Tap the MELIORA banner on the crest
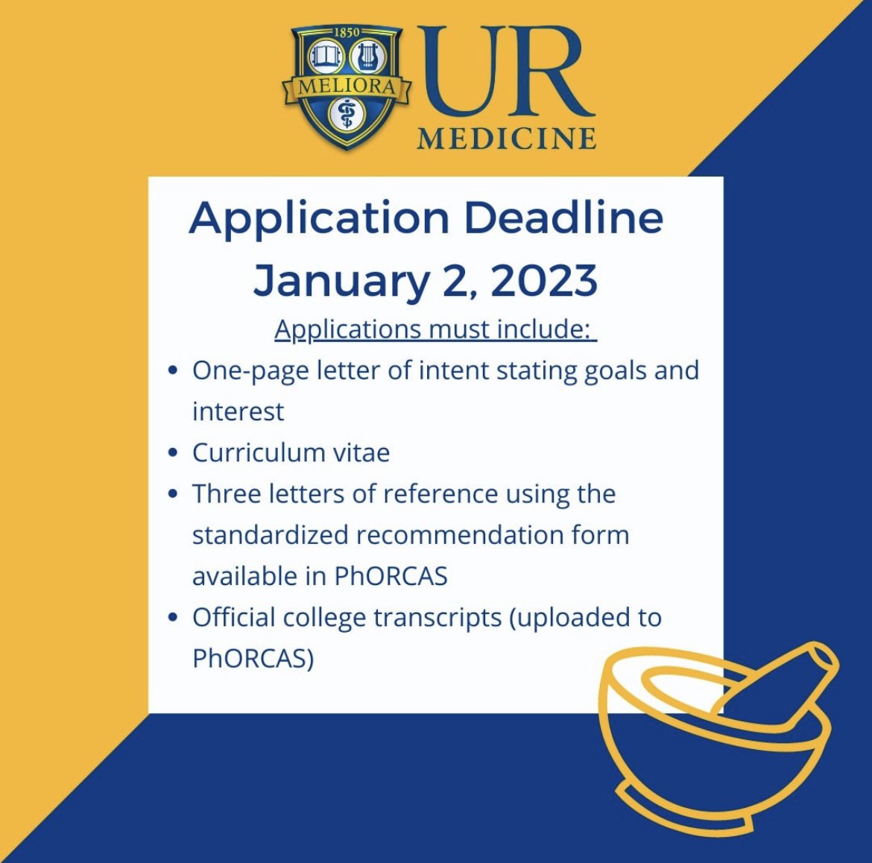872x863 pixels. coord(347,86)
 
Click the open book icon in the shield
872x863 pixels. coord(324,56)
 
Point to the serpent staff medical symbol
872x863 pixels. coord(346,116)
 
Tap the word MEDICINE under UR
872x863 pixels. coord(506,139)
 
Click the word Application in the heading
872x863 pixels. coord(319,218)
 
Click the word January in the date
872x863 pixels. coord(340,282)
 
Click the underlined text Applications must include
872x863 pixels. coord(435,329)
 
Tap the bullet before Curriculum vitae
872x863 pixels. coord(173,453)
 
